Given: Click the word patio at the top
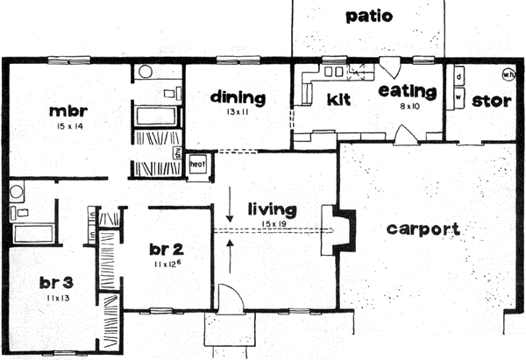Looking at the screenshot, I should [x=368, y=16].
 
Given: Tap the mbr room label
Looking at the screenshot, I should [x=68, y=111].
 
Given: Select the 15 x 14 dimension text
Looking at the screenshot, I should [x=68, y=128].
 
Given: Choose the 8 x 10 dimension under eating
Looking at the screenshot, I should [x=407, y=106].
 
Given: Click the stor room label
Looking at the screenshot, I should [x=491, y=100].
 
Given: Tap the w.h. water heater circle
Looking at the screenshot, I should [x=508, y=74].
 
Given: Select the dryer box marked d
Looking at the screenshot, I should [x=458, y=77].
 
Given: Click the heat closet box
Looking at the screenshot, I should [x=199, y=163].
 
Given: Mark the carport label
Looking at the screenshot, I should [x=422, y=229].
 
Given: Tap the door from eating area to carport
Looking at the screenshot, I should [x=406, y=134].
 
